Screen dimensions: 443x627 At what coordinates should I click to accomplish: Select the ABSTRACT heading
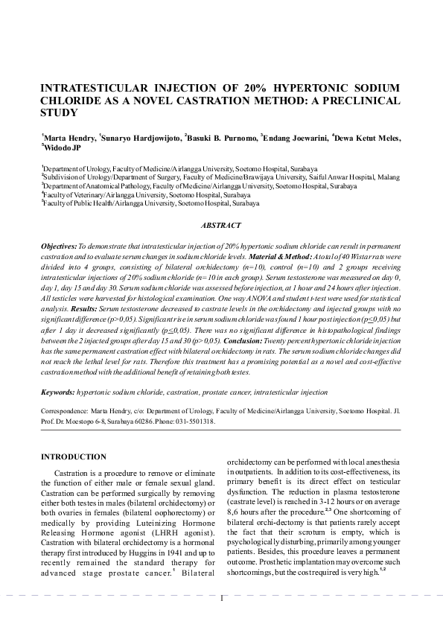tap(221, 225)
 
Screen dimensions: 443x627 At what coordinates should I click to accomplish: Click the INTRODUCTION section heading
tap(73, 456)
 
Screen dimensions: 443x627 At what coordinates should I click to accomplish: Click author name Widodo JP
tap(62, 147)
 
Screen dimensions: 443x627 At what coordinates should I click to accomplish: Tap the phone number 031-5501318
tap(196, 421)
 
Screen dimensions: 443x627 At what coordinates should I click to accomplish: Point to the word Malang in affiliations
tap(387, 177)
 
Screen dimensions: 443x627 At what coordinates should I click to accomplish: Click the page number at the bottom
tap(222, 598)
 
